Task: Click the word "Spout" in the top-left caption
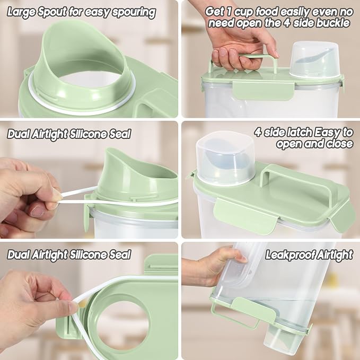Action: pyautogui.click(x=52, y=12)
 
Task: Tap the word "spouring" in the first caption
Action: pyautogui.click(x=134, y=13)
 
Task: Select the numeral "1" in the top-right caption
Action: pyautogui.click(x=228, y=12)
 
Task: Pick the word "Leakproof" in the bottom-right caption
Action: pyautogui.click(x=291, y=255)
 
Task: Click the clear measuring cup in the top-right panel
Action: pyautogui.click(x=314, y=60)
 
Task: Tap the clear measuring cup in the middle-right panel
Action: pyautogui.click(x=225, y=159)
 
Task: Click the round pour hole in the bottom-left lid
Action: pyautogui.click(x=123, y=325)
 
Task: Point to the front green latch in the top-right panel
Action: pyautogui.click(x=264, y=90)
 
